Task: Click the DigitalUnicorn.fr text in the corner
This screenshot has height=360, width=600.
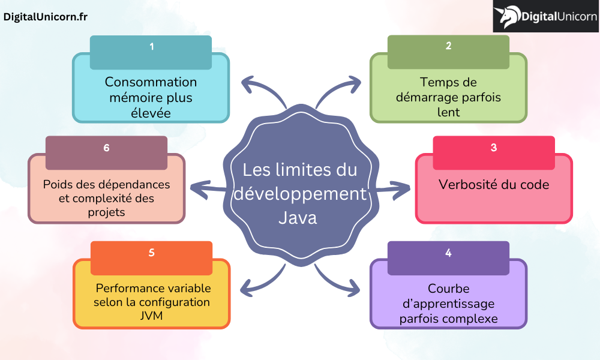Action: click(x=46, y=17)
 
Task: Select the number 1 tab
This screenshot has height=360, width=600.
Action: click(x=151, y=46)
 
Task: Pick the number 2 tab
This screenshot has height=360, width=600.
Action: click(x=448, y=46)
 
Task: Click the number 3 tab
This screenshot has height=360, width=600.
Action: click(x=494, y=147)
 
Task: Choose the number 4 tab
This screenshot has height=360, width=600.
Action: click(x=448, y=253)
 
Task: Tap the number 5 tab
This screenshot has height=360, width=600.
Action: click(x=151, y=253)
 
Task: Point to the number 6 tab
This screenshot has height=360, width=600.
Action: click(x=106, y=148)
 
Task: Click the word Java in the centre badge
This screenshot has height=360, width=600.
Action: click(x=298, y=217)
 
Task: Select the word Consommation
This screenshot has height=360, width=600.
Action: click(x=151, y=82)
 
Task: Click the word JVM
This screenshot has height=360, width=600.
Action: click(x=151, y=316)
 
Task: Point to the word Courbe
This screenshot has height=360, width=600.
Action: click(x=448, y=289)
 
